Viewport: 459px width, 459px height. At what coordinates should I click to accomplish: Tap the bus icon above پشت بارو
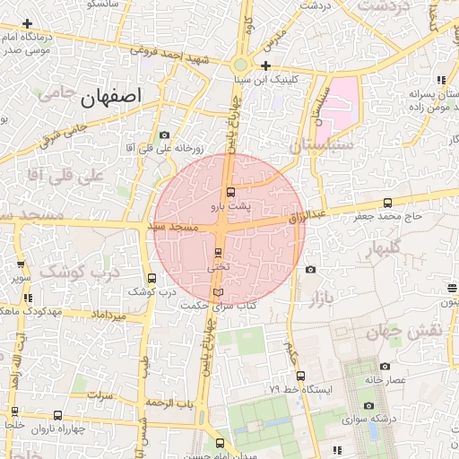tap(230, 192)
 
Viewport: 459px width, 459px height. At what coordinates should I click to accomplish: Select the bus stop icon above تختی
tap(218, 253)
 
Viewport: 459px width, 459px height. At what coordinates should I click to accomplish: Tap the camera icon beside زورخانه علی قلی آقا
tap(164, 135)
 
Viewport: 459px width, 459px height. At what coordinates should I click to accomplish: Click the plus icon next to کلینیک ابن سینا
tap(266, 65)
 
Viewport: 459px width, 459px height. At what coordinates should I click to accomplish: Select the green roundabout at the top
tap(239, 65)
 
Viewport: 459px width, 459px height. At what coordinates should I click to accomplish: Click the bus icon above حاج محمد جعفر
tap(387, 203)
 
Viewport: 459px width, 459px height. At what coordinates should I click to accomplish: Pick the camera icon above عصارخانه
tap(385, 366)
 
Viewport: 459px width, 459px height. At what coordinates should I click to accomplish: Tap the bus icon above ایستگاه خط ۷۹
tap(300, 377)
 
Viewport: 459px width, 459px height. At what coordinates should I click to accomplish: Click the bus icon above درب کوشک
tap(152, 278)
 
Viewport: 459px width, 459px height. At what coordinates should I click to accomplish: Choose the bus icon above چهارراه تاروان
tap(58, 415)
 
